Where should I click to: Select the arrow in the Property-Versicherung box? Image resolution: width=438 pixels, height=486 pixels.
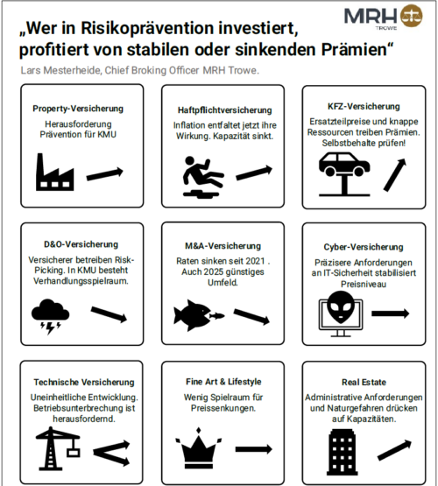click(x=108, y=173)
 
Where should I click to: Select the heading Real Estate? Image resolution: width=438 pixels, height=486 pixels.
click(x=361, y=383)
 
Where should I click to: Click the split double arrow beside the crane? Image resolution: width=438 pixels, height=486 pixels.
click(x=109, y=450)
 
